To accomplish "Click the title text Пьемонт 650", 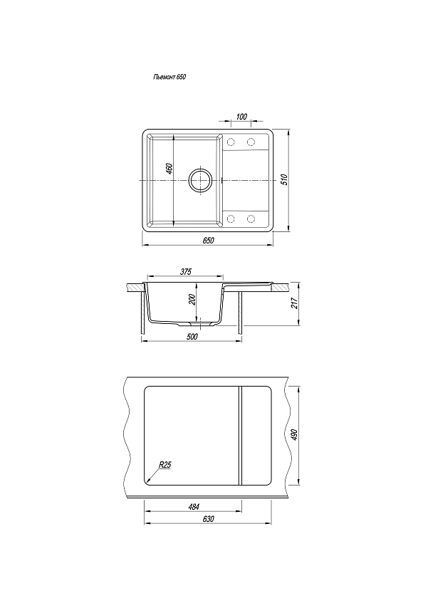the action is click(169, 77).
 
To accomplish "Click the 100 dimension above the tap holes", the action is click(241, 117).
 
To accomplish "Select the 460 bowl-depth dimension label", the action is click(169, 169).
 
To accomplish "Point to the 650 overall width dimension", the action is click(208, 241).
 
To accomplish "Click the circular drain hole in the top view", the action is click(199, 179).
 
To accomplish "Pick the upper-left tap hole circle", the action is click(231, 142).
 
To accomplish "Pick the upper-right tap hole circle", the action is click(251, 142).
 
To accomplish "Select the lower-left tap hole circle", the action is click(231, 219).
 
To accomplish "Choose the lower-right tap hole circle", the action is click(251, 219).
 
